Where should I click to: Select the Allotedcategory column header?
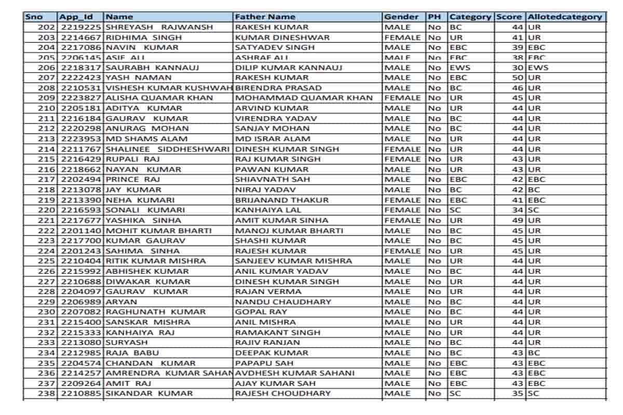[x=565, y=17]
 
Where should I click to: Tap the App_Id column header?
[x=76, y=17]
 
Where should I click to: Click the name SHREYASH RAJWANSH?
[x=159, y=27]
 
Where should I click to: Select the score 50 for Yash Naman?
[x=517, y=78]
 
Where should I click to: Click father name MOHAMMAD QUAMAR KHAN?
[x=304, y=98]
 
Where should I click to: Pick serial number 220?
[x=47, y=210]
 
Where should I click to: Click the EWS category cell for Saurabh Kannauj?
[x=459, y=67]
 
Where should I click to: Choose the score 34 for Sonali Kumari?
[x=517, y=210]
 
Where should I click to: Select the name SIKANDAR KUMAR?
[x=149, y=393]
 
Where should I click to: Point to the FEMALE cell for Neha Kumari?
[x=402, y=200]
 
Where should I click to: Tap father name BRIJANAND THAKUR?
[x=282, y=200]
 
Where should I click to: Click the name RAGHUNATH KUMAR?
[x=156, y=312]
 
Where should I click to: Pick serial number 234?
[x=47, y=353]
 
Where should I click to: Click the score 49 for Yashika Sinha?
[x=517, y=220]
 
